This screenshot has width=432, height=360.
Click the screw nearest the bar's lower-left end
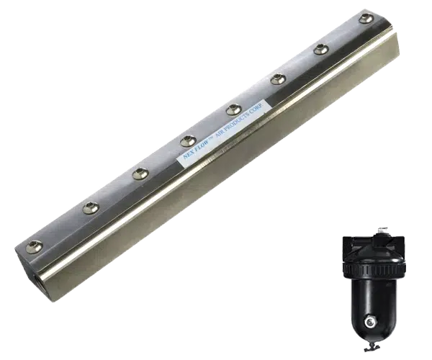[x=35, y=247]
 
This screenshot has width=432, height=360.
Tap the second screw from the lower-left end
[x=91, y=208]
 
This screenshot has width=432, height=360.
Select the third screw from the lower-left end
[x=140, y=174]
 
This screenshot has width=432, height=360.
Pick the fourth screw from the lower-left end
[x=189, y=141]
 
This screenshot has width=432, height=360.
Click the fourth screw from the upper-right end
[x=234, y=109]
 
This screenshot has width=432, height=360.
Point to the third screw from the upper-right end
[x=278, y=79]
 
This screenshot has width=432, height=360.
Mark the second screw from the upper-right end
[x=321, y=49]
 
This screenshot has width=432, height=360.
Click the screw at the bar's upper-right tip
[x=366, y=19]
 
